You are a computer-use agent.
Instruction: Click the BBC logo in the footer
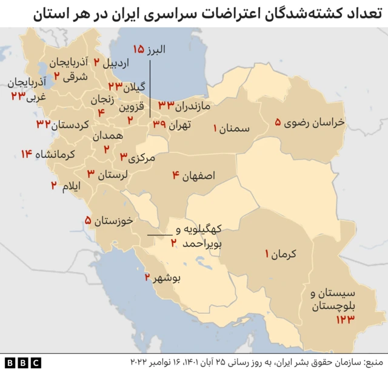(24, 362)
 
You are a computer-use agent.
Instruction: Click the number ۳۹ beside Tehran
(159, 124)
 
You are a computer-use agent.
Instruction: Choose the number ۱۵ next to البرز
(139, 49)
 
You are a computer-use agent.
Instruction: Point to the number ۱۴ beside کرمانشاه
(25, 154)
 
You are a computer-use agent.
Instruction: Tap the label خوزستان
(115, 221)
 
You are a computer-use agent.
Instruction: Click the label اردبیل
(117, 62)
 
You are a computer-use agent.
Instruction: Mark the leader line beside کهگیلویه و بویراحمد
(159, 235)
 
